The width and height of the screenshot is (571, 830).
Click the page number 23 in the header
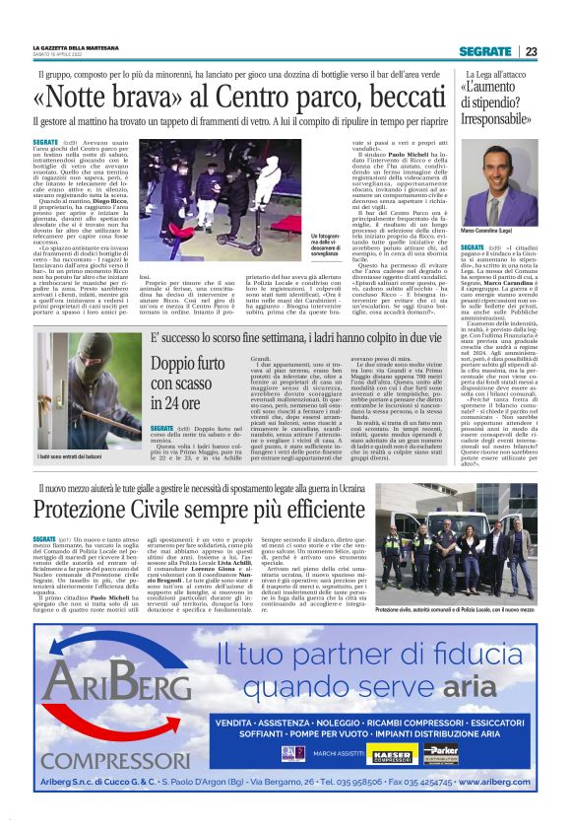(x=531, y=51)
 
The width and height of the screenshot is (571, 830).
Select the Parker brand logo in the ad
(x=438, y=753)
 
